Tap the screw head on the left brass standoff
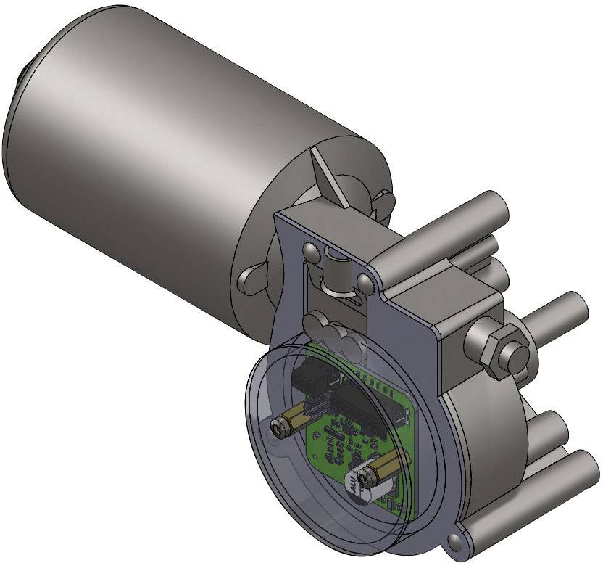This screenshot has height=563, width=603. coord(280,430)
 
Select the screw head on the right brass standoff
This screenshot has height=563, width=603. coord(362,478)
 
